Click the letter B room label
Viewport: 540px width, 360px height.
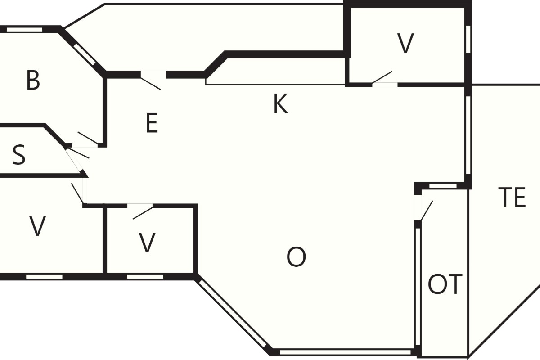[x=33, y=80]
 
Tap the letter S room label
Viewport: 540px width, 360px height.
[x=19, y=155]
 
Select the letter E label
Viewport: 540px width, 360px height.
[x=152, y=123]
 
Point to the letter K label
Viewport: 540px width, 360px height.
[x=281, y=103]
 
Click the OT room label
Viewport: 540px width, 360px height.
[x=445, y=284]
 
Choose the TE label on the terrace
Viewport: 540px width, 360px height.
[x=512, y=198]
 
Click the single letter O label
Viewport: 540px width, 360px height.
[x=296, y=257]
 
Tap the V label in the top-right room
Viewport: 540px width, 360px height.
[x=405, y=43]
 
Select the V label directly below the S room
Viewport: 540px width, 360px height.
[x=37, y=226]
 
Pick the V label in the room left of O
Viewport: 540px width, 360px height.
[x=147, y=243]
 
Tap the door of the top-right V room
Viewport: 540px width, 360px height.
[x=382, y=78]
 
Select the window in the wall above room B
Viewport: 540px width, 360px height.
[x=24, y=30]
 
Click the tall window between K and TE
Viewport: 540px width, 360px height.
[x=468, y=135]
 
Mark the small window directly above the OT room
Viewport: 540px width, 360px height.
[x=443, y=186]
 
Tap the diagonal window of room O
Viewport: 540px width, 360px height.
[x=233, y=314]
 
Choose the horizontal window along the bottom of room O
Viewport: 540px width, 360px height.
[x=345, y=352]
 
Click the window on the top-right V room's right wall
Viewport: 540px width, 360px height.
[x=468, y=39]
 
